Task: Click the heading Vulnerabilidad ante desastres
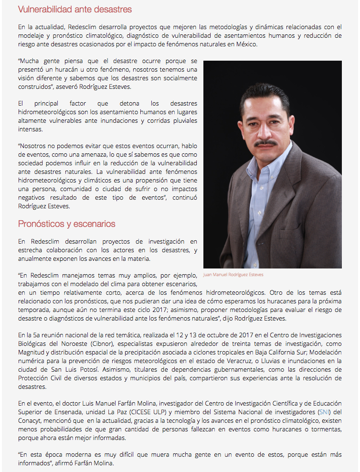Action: (x=75, y=10)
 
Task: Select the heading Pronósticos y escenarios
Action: (x=67, y=224)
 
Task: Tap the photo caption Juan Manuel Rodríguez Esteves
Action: (x=233, y=275)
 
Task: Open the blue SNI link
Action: (x=324, y=412)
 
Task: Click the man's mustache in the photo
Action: (x=265, y=143)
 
